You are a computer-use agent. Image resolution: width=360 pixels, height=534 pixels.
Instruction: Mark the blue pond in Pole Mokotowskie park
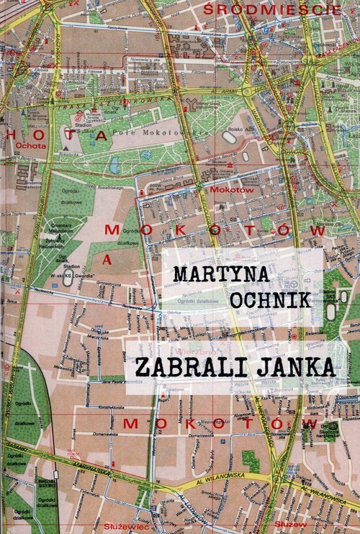click(114, 166)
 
